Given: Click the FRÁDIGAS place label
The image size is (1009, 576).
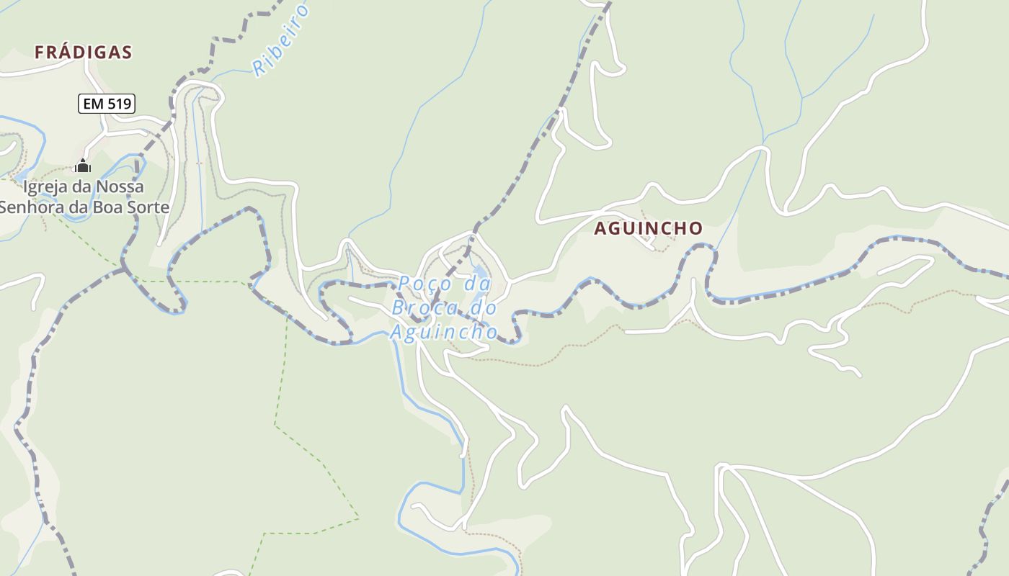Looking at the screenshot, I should (x=84, y=52).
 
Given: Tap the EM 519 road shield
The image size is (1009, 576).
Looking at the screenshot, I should (x=107, y=104).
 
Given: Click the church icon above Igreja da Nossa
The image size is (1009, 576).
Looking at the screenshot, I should (x=83, y=166).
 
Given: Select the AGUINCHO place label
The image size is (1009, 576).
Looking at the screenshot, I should (x=648, y=228).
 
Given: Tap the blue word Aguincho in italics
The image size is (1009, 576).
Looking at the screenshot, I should (x=444, y=332).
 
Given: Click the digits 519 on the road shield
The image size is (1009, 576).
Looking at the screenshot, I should (x=119, y=104).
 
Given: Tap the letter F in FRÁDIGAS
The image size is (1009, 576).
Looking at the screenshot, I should (x=40, y=52).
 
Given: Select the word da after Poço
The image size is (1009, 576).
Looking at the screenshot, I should (x=477, y=284).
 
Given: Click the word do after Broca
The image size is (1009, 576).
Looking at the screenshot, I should (x=484, y=308).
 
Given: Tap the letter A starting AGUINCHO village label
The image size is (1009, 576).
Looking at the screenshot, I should (x=600, y=228).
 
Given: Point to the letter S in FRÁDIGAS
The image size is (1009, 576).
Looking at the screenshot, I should (x=127, y=52).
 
